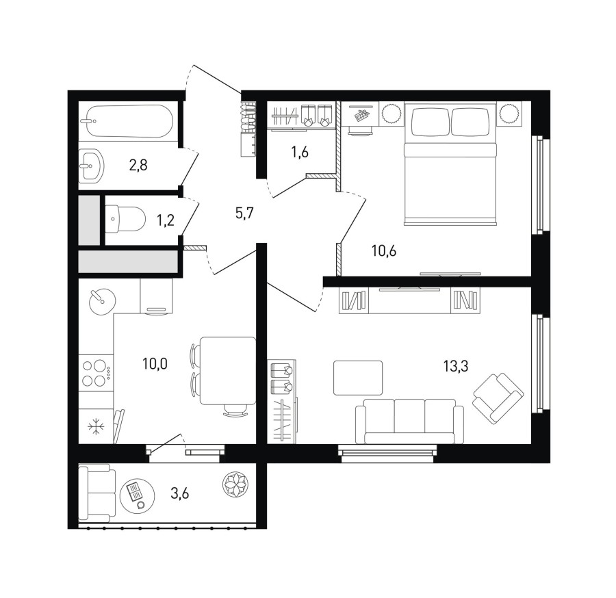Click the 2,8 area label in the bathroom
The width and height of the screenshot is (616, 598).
138,166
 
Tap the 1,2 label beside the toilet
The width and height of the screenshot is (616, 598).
166,221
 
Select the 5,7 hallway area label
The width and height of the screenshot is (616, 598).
244,213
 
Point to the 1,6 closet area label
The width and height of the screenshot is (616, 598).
300,152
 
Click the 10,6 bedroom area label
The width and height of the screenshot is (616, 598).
384,250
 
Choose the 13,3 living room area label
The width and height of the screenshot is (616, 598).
456,367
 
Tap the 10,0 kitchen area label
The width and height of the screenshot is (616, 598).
155,363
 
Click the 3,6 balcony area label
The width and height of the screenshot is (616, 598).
179,493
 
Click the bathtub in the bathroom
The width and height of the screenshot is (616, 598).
129,121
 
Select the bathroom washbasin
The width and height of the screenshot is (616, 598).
92,166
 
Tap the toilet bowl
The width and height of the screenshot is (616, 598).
126,219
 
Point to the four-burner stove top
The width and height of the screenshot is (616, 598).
96,373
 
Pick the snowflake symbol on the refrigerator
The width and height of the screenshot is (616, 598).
95,427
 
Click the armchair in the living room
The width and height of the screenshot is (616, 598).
498,398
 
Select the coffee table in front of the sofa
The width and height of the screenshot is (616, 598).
358,378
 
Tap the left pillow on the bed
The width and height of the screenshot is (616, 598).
431,121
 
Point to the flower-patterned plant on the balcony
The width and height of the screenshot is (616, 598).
235,483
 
